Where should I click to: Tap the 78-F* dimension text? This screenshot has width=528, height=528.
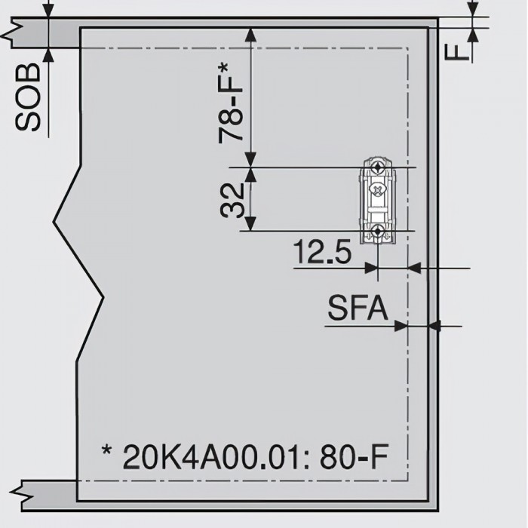pyautogui.click(x=232, y=103)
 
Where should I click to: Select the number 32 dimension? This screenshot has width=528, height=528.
pyautogui.click(x=234, y=199)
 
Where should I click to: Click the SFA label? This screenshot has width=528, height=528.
pyautogui.click(x=358, y=309)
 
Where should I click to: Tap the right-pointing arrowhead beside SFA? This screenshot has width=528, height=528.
pyautogui.click(x=401, y=326)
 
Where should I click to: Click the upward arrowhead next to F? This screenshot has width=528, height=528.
pyautogui.click(x=473, y=34)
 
